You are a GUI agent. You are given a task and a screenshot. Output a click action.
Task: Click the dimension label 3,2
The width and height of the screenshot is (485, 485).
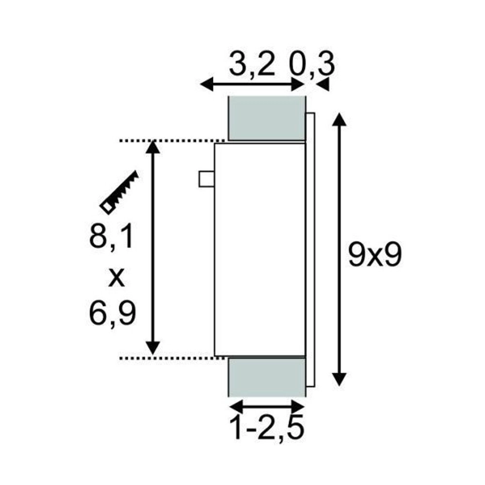pos(252,65)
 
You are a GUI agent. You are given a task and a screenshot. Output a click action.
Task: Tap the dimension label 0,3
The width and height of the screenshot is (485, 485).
pos(313,65)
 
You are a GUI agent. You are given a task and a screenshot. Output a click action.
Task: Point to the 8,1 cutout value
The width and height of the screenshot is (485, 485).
pos(111,239)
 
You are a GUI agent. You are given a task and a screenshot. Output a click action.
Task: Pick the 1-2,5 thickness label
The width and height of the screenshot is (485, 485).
pos(267,427)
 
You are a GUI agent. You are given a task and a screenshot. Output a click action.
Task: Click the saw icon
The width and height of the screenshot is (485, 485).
pos(119,192)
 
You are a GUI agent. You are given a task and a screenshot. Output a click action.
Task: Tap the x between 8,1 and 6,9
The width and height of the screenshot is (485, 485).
pos(115,276)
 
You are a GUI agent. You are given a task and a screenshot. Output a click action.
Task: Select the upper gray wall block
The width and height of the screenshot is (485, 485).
pos(266,118)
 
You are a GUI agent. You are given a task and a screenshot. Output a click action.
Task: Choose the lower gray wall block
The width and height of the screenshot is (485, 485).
pos(266,377)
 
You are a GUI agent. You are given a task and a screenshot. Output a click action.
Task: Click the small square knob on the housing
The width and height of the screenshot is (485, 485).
pos(207,178)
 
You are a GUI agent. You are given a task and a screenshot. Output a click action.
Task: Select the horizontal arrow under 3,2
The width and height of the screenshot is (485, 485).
pos(252,84)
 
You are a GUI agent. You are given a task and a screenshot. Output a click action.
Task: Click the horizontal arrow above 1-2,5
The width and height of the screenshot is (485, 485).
pos(266,404)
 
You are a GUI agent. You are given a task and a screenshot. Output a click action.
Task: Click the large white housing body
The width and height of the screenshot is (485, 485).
pos(260,250)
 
